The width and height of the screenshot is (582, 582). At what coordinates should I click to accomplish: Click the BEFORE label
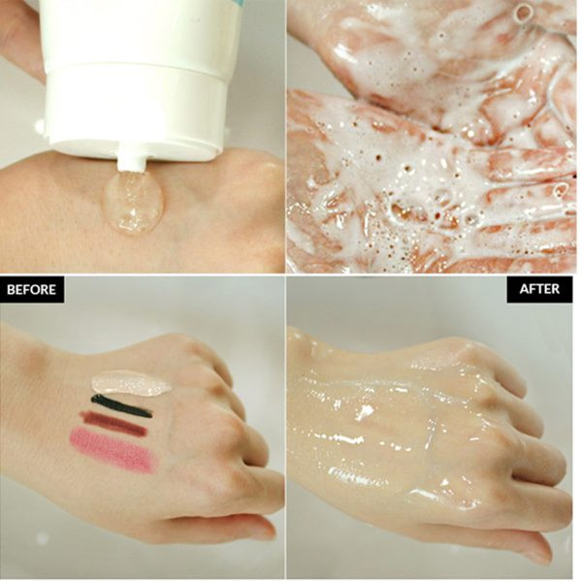pos(32,289)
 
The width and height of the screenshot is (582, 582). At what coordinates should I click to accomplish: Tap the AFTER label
pos(539,289)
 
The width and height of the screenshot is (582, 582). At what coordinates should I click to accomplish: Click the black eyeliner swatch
pos(122,405)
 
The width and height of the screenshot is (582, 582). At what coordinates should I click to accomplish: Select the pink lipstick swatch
pos(114,450)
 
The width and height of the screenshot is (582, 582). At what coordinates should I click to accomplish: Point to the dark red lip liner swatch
pos(113,423)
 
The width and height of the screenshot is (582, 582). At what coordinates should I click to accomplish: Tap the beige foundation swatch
pos(130,383)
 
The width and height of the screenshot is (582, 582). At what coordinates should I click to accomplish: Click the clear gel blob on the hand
pos(133,203)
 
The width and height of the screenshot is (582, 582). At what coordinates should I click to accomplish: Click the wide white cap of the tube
pos(136,112)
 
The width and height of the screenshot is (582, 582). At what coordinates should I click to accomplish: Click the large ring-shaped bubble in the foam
pos(522,13)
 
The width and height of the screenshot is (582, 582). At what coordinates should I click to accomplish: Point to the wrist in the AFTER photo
pos(310,372)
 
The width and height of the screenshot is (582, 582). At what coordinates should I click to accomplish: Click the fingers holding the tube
pos(18,37)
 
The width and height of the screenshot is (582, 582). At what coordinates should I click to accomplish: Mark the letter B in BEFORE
pos(11,289)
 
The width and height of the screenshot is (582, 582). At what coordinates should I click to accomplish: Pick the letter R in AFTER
pos(555,289)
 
